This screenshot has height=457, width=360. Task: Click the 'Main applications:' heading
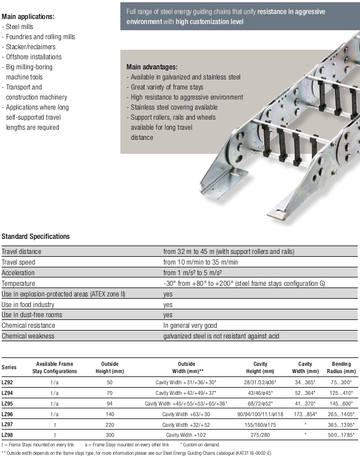pos(29,17)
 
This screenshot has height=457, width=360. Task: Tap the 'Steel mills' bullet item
pos(20,27)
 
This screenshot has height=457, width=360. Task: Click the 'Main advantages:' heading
pos(152,67)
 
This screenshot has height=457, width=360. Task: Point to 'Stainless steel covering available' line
pos(174,107)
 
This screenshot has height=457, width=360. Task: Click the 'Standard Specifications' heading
pos(36,237)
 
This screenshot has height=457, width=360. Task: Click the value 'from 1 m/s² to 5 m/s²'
pos(193,273)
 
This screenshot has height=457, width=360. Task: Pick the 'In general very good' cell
pos(190,326)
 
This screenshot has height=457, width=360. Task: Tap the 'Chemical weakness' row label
pos(28,336)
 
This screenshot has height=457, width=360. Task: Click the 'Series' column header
pos(10,368)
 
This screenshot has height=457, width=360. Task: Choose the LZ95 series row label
pos(8,403)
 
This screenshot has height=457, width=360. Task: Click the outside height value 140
pos(110,413)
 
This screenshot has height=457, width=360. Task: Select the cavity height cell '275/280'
pos(261,435)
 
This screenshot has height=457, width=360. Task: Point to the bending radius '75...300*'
pos(342,382)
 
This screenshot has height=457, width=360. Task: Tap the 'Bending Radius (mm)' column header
pos(341,368)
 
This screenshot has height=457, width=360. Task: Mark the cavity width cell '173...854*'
pos(305,413)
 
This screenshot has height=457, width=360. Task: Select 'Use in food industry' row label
pos(28,305)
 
